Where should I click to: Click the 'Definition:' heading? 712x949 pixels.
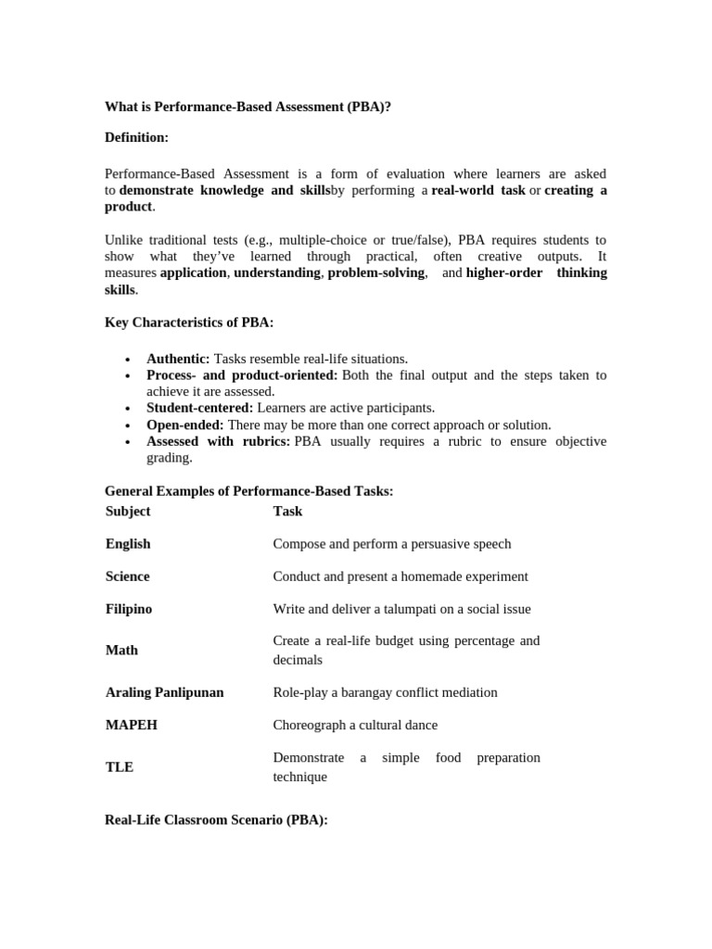[136, 137]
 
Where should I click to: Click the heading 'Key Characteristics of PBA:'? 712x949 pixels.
[189, 323]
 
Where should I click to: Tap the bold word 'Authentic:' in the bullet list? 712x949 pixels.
[178, 359]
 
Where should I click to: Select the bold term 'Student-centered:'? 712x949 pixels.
[199, 408]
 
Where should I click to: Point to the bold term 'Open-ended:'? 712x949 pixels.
[184, 424]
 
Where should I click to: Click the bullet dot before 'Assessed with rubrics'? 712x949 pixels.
[127, 442]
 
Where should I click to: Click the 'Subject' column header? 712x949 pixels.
[128, 511]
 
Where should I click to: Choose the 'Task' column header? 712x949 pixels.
[287, 511]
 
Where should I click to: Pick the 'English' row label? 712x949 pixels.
[128, 544]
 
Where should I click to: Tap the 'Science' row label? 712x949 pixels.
[128, 576]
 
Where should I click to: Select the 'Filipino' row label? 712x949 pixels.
[129, 609]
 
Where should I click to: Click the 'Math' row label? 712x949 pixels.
[121, 651]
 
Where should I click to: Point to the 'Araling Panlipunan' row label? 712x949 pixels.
[165, 692]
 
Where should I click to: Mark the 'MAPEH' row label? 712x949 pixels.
[132, 725]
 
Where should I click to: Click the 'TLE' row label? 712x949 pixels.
[120, 767]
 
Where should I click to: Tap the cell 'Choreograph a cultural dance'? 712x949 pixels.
[355, 725]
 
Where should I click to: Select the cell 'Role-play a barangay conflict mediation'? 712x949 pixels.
[385, 692]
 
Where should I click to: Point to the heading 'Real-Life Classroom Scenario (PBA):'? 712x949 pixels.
[217, 820]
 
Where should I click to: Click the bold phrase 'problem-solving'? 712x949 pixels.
[375, 272]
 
